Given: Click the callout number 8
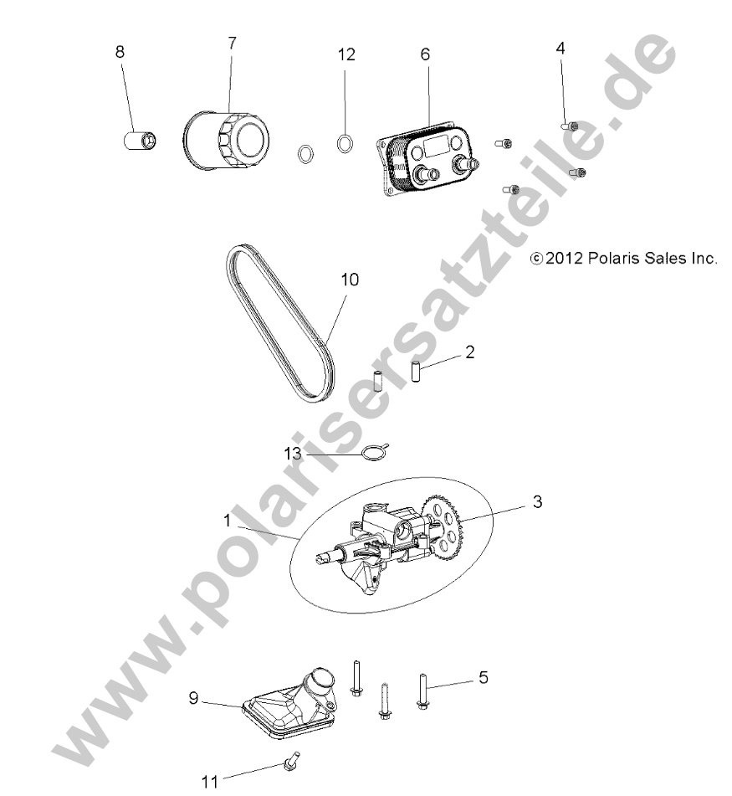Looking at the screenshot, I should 120,51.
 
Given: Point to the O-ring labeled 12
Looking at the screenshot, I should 344,143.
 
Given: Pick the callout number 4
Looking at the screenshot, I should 560,48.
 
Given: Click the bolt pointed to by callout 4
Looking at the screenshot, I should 568,126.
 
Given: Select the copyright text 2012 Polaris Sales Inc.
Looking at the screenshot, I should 623,259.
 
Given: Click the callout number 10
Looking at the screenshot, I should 349,280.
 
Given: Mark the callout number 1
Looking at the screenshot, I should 226,520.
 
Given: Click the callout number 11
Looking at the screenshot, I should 209,782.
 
